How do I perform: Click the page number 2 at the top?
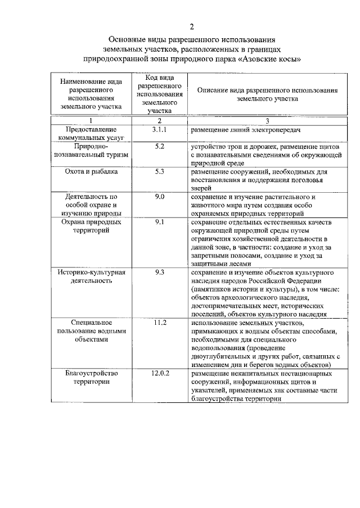tap(191, 26)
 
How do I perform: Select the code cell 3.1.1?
tap(160, 130)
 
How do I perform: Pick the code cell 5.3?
tap(159, 171)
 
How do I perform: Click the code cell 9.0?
tap(159, 197)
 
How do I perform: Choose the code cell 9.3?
tap(159, 273)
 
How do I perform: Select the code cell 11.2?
tap(160, 323)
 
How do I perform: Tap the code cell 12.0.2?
tap(160, 374)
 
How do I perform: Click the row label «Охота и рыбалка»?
tap(91, 171)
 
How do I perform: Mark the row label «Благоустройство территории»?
tap(91, 378)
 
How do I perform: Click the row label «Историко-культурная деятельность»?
tap(91, 276)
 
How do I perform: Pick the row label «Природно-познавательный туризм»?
tap(91, 151)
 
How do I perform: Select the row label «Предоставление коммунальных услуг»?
tap(91, 134)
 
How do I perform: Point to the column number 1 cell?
tap(91, 121)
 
